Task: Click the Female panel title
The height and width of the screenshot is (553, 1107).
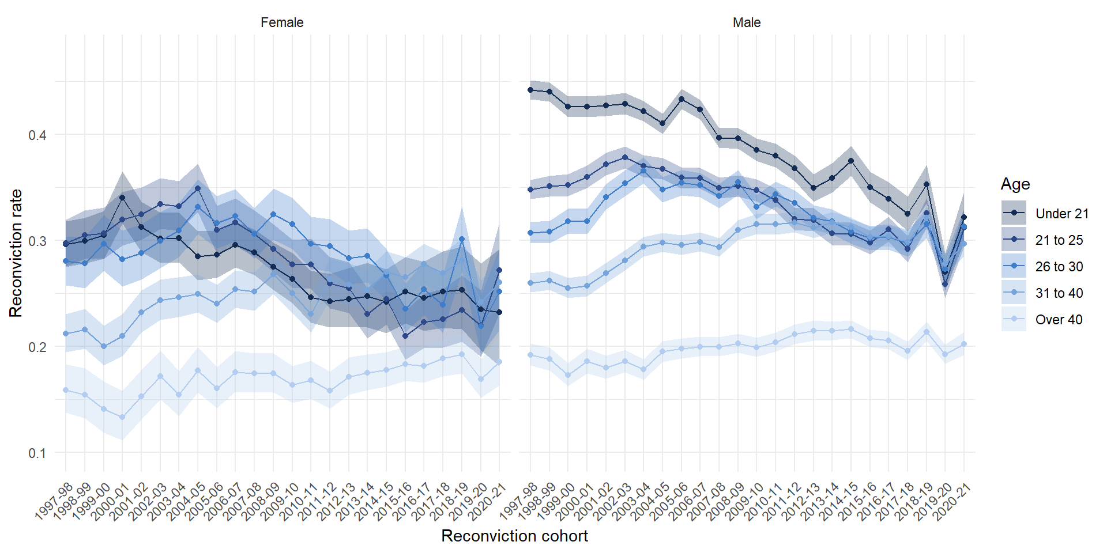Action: click(x=282, y=22)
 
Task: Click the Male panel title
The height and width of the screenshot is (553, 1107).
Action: click(x=747, y=22)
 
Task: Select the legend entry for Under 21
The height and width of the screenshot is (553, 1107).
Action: click(x=1061, y=214)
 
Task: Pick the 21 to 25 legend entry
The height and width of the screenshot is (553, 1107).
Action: click(x=1059, y=240)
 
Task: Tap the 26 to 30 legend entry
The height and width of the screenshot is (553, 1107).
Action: click(x=1059, y=267)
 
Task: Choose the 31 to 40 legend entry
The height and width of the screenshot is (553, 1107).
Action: click(x=1059, y=293)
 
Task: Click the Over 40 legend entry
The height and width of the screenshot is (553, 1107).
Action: click(x=1059, y=320)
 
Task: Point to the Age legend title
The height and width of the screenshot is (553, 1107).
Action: click(x=1015, y=184)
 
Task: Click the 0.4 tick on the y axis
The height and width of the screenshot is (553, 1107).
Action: click(x=37, y=135)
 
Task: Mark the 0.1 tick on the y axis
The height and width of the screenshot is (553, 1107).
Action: click(x=37, y=453)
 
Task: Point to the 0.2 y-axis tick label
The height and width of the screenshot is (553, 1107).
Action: click(x=37, y=347)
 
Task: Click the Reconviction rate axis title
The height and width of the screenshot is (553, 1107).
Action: click(x=16, y=253)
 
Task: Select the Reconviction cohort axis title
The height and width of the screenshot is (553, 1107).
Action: click(x=514, y=536)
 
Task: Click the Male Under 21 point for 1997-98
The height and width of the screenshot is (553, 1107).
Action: click(x=530, y=90)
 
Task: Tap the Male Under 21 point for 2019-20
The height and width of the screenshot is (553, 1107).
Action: click(x=945, y=284)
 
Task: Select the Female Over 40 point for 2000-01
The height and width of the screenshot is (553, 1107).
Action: click(x=122, y=417)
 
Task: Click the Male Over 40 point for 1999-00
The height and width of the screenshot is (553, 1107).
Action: click(x=568, y=375)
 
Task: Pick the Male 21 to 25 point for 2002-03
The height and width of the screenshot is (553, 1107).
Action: click(x=624, y=157)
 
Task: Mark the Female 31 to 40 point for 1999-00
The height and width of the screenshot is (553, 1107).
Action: click(x=104, y=346)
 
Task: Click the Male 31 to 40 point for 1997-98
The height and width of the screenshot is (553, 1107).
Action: click(x=530, y=283)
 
